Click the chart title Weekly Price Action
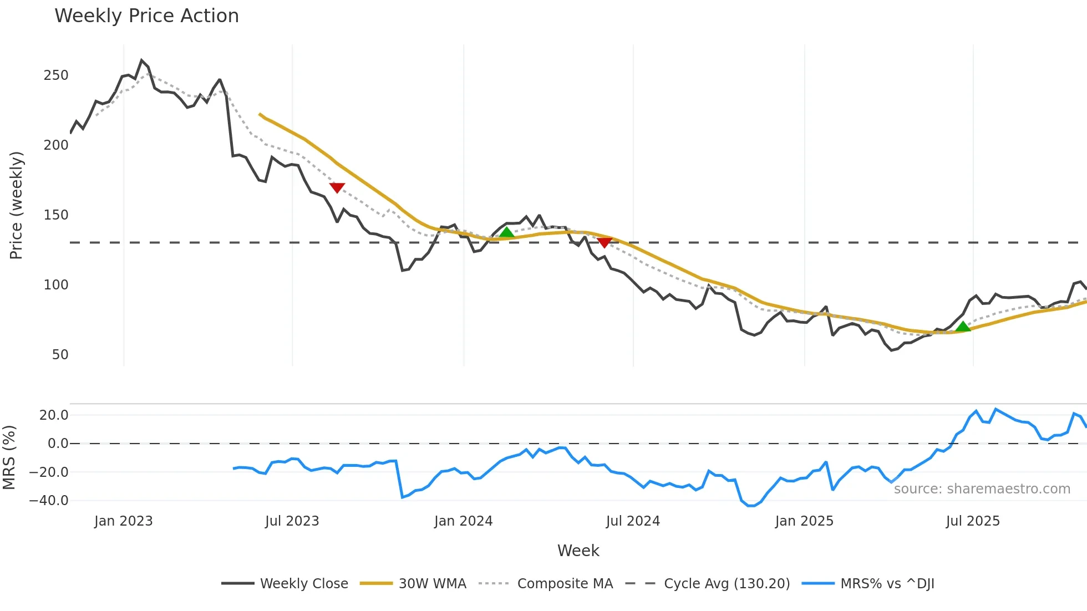point(146,16)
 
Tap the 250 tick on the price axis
point(56,75)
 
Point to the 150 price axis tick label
point(56,215)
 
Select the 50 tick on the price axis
point(60,355)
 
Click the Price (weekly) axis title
point(16,205)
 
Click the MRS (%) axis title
point(9,457)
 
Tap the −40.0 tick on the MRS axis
point(49,501)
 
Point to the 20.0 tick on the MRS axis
point(54,415)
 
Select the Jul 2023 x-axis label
point(292,521)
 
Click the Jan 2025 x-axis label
point(804,521)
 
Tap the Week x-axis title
point(578,551)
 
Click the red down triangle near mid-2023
point(337,187)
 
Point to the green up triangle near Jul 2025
point(963,327)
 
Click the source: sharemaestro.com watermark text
point(982,489)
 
